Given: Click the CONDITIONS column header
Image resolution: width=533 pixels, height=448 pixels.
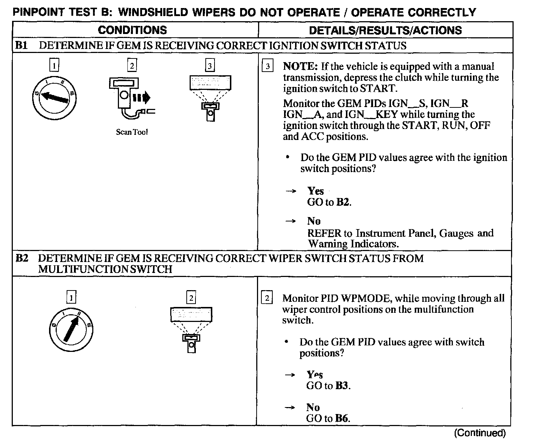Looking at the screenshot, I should (132, 30).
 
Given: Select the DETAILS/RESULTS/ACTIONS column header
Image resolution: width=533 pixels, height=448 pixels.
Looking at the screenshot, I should (385, 30).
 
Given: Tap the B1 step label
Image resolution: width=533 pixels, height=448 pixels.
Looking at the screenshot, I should (22, 46).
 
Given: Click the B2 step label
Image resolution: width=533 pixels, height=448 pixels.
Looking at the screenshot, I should (22, 258).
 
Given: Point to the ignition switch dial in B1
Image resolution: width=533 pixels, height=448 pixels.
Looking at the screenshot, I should (55, 97).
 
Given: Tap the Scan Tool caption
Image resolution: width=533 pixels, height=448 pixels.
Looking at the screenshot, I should (132, 132).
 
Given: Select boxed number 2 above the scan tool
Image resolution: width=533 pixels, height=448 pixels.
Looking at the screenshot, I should (131, 66).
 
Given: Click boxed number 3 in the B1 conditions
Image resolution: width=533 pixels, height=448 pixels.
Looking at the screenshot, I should (209, 66).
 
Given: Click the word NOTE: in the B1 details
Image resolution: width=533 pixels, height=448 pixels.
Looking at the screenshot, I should (300, 67).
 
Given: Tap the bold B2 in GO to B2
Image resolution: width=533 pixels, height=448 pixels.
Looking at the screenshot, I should (343, 202).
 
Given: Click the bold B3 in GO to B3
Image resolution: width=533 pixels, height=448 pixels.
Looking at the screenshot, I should (342, 386).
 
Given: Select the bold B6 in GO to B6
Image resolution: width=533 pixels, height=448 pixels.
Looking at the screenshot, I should (342, 418).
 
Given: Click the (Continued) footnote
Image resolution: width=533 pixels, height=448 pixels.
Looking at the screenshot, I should (480, 433).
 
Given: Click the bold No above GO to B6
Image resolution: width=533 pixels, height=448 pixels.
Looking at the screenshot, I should (313, 407).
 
